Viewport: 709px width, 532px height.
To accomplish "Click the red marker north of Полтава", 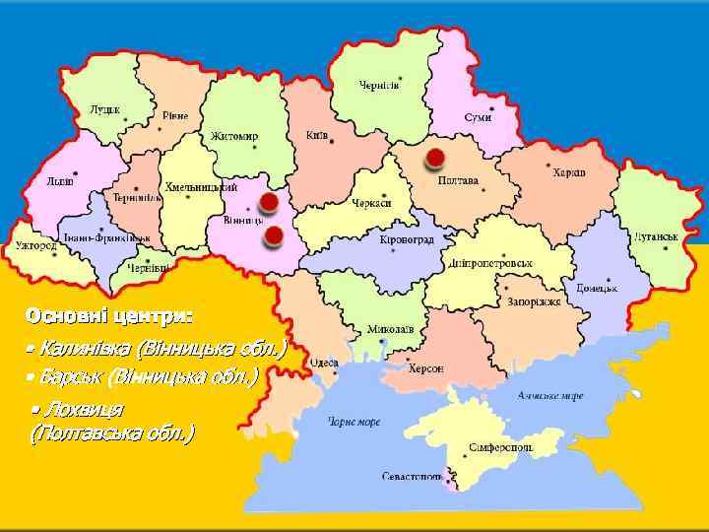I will coord(434,158).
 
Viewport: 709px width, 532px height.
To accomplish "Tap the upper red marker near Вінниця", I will coord(267,203).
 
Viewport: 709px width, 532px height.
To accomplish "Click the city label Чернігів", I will coord(379,85).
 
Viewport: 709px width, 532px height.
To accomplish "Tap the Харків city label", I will coord(568,172).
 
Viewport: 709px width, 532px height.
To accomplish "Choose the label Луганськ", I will coord(656,237).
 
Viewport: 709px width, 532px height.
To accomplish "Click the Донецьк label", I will coord(597,288).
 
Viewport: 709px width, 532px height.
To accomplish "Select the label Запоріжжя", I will coord(535,301).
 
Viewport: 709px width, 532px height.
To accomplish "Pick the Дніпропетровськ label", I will coord(490,263).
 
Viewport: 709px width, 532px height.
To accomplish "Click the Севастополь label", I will coord(413,477).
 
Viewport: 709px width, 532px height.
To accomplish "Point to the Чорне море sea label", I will coord(354,422).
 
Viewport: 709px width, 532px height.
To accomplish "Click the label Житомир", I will coord(234,136).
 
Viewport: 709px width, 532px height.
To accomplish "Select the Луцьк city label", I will coord(104,109).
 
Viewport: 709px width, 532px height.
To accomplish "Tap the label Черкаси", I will coord(372,203).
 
